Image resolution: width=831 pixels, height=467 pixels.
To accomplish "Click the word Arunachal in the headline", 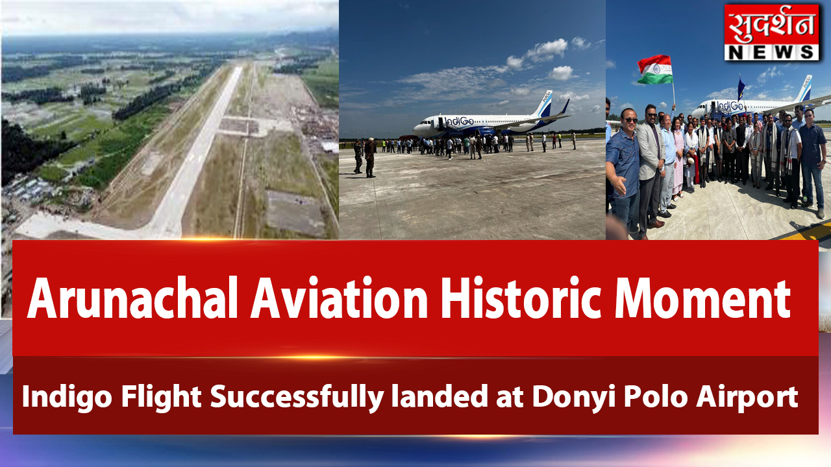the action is pyautogui.click(x=132, y=298).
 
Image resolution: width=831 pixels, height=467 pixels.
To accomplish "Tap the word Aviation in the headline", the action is pyautogui.click(x=339, y=298).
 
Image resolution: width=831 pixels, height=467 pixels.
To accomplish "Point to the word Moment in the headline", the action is pyautogui.click(x=702, y=298).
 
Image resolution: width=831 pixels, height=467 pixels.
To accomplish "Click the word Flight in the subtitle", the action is pyautogui.click(x=162, y=396).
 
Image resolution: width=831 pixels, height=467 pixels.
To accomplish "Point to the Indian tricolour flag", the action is pyautogui.click(x=655, y=69).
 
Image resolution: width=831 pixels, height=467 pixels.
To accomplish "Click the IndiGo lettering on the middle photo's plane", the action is pyautogui.click(x=459, y=121).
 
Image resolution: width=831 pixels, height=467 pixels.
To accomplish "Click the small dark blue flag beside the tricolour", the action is pyautogui.click(x=741, y=88).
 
